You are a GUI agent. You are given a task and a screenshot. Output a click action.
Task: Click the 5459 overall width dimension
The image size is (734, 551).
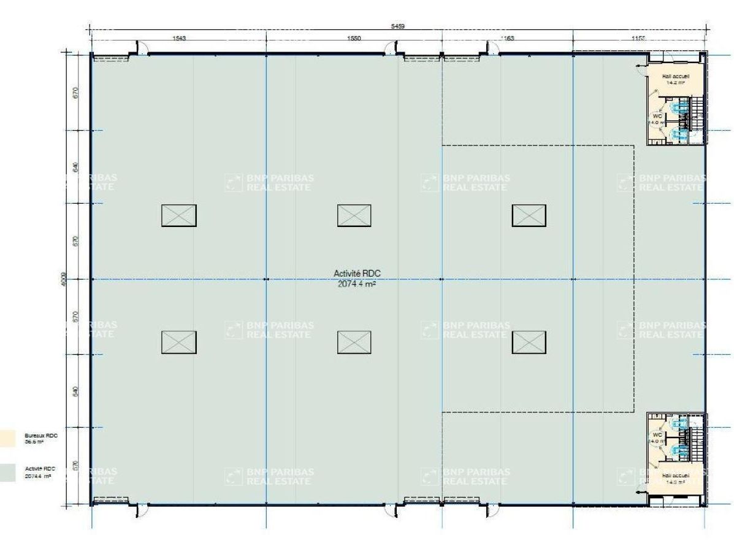pyautogui.click(x=398, y=26)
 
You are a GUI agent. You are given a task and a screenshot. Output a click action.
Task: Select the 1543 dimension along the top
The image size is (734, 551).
pyautogui.click(x=179, y=38)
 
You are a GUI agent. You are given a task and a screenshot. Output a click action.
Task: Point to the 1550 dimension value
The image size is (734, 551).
pyautogui.click(x=354, y=38)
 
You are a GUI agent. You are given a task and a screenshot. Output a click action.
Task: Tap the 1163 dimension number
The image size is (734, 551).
pyautogui.click(x=507, y=38)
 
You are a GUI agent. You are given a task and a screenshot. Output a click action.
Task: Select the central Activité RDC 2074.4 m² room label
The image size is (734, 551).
pyautogui.click(x=357, y=279)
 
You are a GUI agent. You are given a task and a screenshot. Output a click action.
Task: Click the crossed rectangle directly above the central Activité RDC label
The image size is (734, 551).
pyautogui.click(x=354, y=215)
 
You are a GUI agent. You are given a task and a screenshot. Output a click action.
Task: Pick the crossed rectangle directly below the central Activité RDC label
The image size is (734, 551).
pyautogui.click(x=354, y=342)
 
